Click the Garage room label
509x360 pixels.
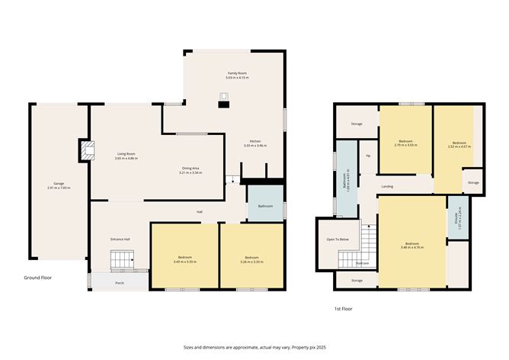(x=58, y=185)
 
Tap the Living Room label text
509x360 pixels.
(x=126, y=155)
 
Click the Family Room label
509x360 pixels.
(x=237, y=75)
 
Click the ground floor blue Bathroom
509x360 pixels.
(x=265, y=205)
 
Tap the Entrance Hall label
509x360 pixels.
(x=120, y=239)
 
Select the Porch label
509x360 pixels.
(x=120, y=281)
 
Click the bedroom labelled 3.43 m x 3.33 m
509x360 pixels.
(x=185, y=259)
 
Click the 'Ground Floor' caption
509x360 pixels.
(x=37, y=278)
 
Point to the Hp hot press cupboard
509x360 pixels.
(x=368, y=156)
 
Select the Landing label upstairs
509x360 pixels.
(x=387, y=185)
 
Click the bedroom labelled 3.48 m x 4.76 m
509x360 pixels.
(x=411, y=246)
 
